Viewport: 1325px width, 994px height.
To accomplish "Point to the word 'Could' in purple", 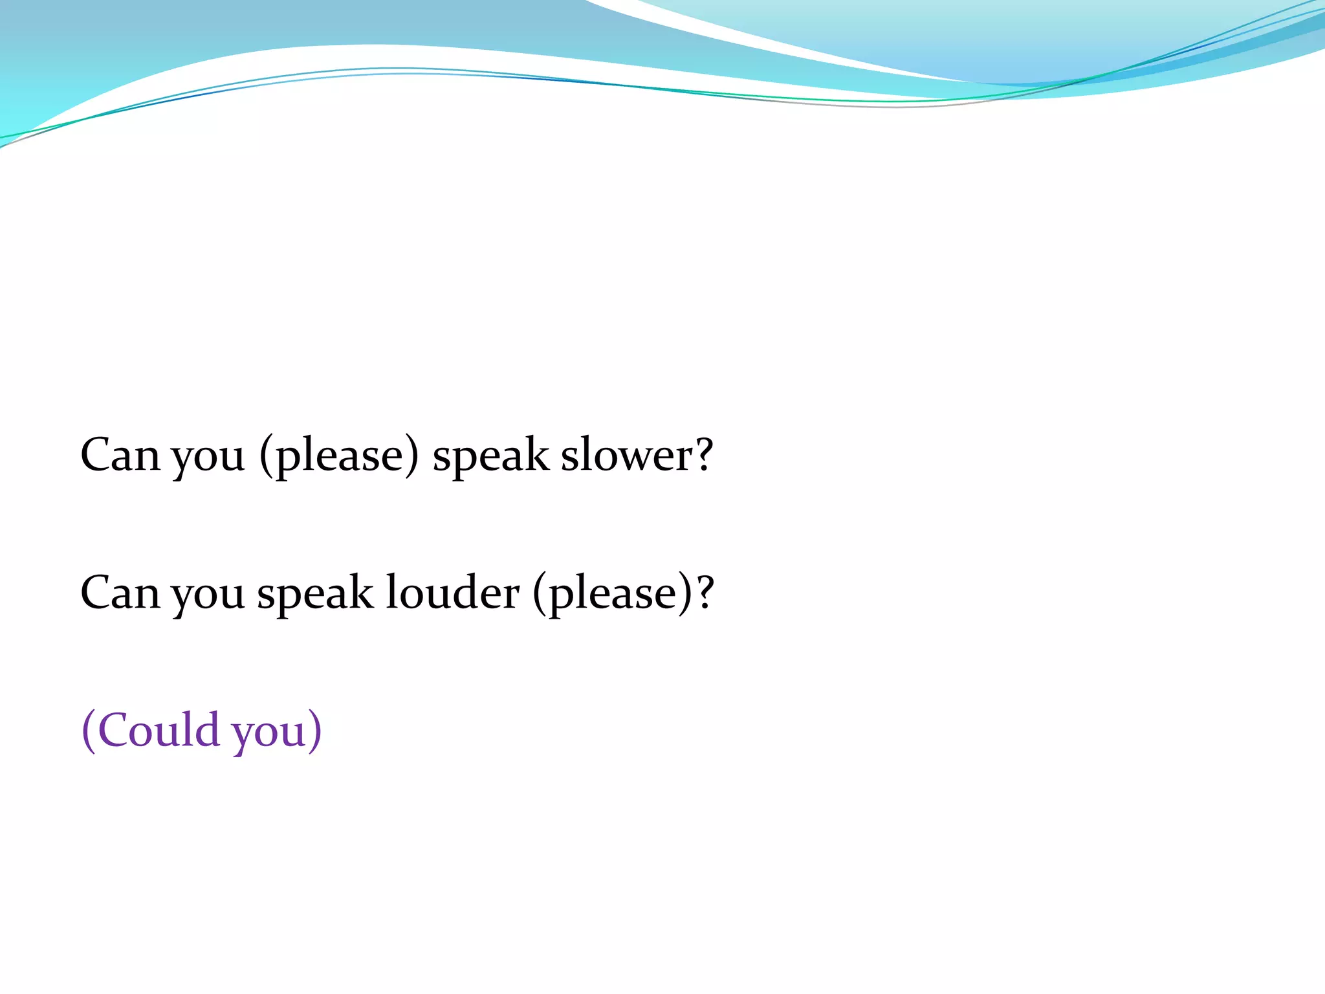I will coord(159,730).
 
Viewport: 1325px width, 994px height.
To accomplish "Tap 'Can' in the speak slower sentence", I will coord(120,455).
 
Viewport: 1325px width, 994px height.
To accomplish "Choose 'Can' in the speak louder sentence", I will coord(120,593).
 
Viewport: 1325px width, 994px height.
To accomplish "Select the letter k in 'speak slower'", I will coord(536,454).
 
